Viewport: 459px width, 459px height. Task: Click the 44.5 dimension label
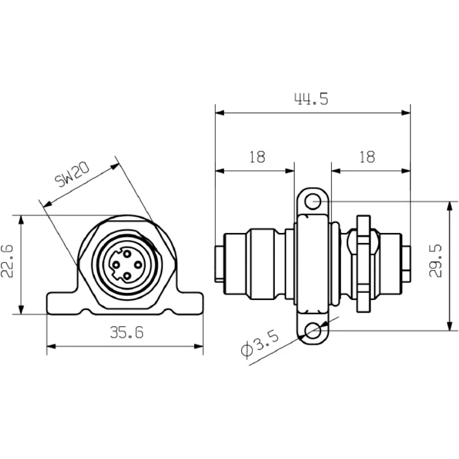point(311,99)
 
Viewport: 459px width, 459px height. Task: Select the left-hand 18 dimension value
point(257,157)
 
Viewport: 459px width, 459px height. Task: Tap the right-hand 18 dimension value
point(367,157)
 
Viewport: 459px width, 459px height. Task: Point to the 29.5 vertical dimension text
point(436,261)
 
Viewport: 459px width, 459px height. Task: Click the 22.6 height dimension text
point(7,261)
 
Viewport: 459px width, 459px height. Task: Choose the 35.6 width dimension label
point(127,333)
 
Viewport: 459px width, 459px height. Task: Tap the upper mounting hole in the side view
point(313,201)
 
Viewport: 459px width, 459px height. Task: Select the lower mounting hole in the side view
point(313,330)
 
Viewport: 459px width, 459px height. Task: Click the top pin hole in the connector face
point(127,254)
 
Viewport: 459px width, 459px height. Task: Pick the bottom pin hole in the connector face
point(127,276)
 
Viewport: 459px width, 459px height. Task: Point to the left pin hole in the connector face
point(116,265)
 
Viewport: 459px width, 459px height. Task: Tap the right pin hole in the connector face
point(138,265)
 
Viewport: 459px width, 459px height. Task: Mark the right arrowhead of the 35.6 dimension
point(198,346)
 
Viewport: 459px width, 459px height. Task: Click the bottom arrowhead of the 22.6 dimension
point(21,310)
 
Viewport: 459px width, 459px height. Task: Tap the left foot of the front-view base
point(62,303)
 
